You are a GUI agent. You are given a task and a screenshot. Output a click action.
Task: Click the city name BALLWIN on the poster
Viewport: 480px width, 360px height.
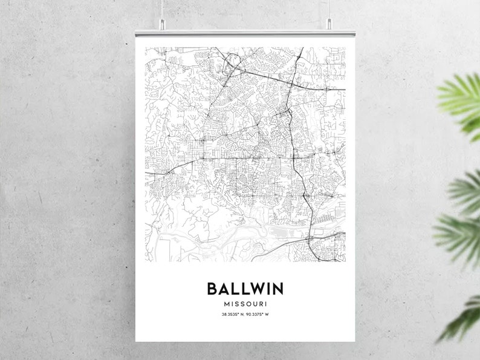pos(245,288)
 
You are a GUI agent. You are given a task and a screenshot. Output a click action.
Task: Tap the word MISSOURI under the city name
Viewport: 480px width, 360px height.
pos(245,303)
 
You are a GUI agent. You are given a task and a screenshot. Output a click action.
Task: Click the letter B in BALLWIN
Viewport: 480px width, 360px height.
pos(213,288)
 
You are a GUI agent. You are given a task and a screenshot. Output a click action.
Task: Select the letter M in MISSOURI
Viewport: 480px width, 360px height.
pos(226,303)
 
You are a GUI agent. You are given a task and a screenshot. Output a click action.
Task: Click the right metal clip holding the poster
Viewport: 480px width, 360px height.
pos(329,25)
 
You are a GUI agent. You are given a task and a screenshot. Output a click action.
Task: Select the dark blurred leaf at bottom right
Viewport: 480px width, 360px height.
pos(462,318)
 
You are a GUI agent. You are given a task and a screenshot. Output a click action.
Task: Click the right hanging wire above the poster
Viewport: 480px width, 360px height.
pos(329,9)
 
